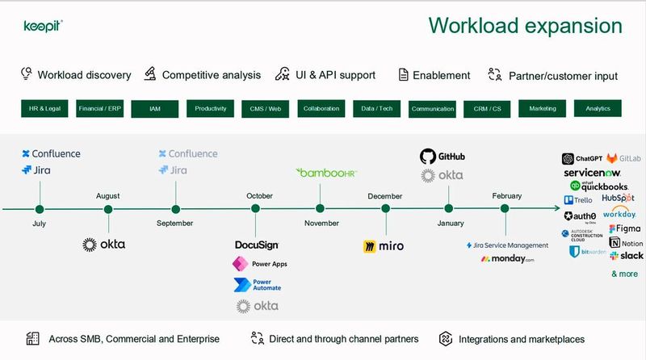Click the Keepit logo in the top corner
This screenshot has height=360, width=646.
(x=44, y=25)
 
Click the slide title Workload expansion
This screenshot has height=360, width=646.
(x=525, y=26)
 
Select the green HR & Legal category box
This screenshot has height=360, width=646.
(x=45, y=108)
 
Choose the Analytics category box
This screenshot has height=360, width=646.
(x=598, y=108)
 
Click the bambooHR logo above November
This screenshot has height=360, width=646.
(x=328, y=173)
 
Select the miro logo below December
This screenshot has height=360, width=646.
(x=383, y=245)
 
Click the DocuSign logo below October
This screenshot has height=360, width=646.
(x=256, y=245)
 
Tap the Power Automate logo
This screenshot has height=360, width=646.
(x=257, y=285)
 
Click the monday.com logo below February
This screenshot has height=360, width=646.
(x=507, y=259)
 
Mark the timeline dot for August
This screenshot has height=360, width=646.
(x=108, y=209)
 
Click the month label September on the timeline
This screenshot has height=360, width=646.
(x=175, y=223)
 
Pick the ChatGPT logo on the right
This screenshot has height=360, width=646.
(x=579, y=158)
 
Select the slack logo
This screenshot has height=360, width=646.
(x=627, y=255)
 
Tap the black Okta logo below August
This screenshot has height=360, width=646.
(x=103, y=244)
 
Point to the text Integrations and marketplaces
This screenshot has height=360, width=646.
(x=521, y=339)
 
